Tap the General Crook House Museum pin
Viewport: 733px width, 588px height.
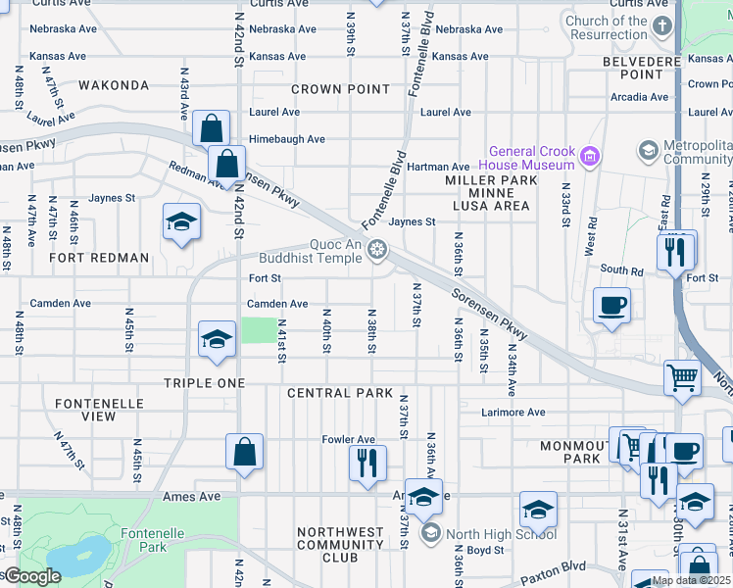coord(589,156)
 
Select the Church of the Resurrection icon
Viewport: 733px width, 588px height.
coord(662,25)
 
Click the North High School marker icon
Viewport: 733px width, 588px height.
coord(429,533)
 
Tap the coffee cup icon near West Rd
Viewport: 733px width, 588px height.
coord(612,306)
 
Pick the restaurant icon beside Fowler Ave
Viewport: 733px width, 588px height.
coord(367,461)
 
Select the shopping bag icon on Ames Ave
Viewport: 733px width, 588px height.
coord(244,452)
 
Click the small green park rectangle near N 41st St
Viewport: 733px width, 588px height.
coord(259,330)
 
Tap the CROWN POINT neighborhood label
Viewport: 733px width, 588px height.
coord(341,89)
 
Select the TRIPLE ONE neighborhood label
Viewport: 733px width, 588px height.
coord(204,383)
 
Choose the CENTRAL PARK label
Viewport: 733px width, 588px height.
coord(332,393)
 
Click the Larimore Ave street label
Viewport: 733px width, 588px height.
coord(513,413)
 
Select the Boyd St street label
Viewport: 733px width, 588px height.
coord(485,550)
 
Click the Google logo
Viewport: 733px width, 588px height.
coord(32,576)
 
